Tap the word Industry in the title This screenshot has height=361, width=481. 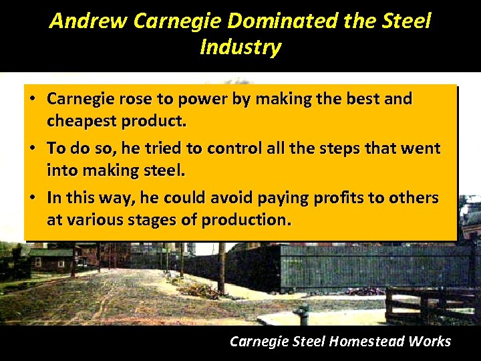pos(240,47)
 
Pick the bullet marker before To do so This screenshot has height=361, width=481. pos(32,148)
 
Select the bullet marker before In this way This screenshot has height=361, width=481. pos(32,198)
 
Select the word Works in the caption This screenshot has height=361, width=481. pos(431,342)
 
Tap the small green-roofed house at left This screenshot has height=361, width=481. pos(48,257)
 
